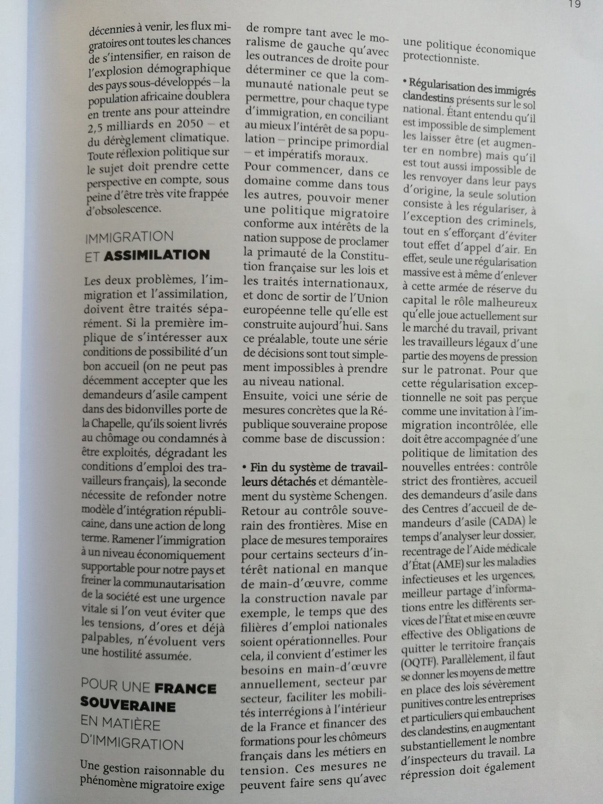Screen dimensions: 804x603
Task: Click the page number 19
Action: [x=574, y=4]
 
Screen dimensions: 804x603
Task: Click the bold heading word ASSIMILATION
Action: [x=157, y=256]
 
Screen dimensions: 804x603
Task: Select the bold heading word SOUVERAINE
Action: [x=128, y=707]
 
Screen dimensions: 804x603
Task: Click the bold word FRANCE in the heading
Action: [x=185, y=689]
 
